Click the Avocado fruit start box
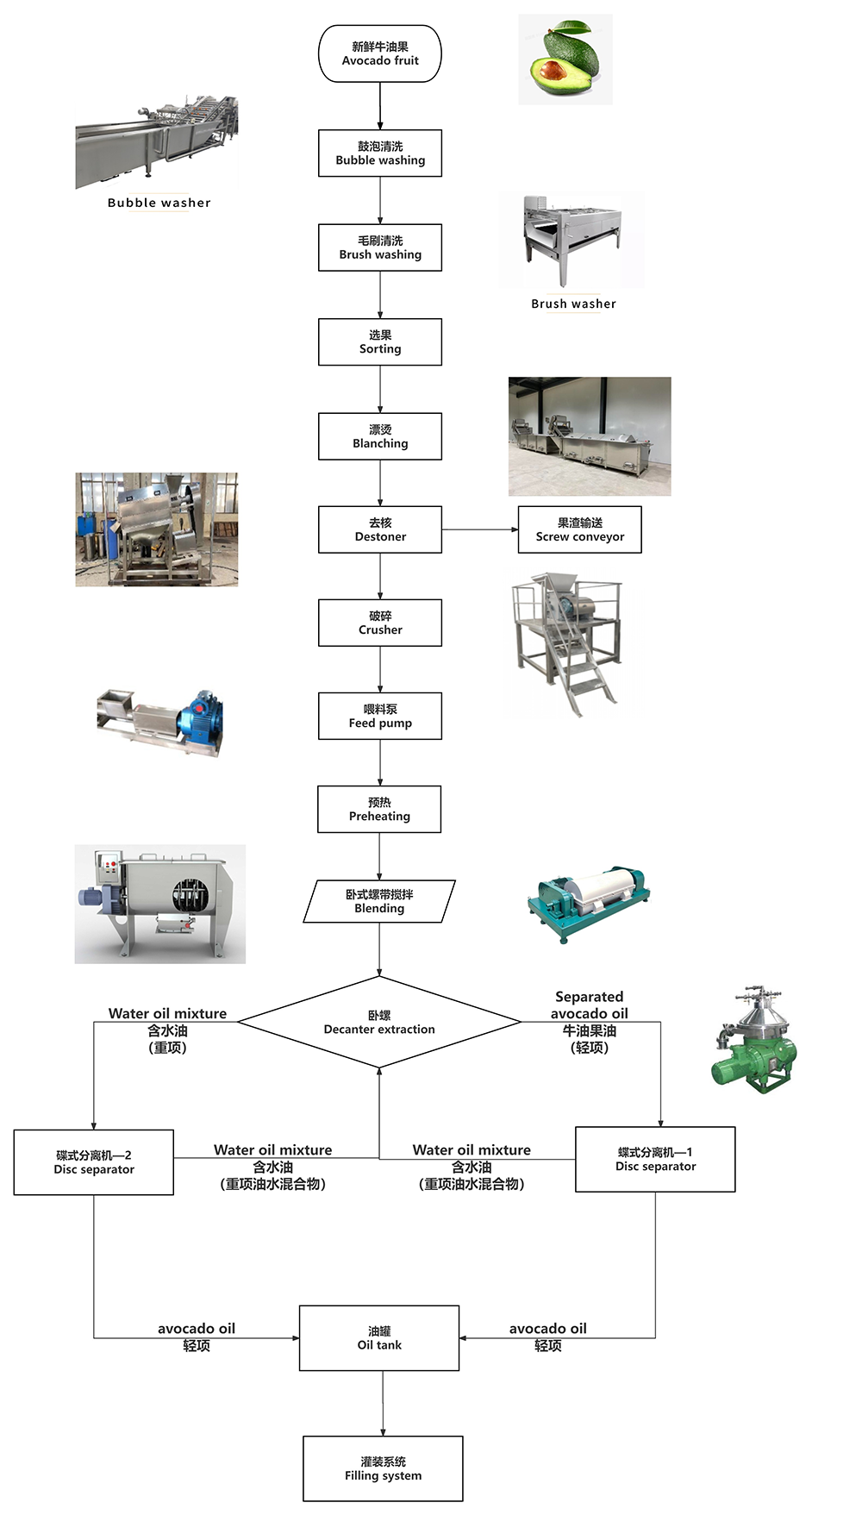380,54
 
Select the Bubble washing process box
380,153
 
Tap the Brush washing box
380,247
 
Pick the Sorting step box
380,342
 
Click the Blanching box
380,436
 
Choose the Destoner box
380,529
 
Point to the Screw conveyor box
580,529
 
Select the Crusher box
380,623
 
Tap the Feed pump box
380,716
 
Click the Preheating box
379,809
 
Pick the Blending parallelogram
379,902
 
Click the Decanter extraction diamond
379,1023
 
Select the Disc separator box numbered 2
94,1162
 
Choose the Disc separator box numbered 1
655,1160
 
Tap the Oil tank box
379,1338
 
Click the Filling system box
383,1469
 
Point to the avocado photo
565,59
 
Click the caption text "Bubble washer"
159,203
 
